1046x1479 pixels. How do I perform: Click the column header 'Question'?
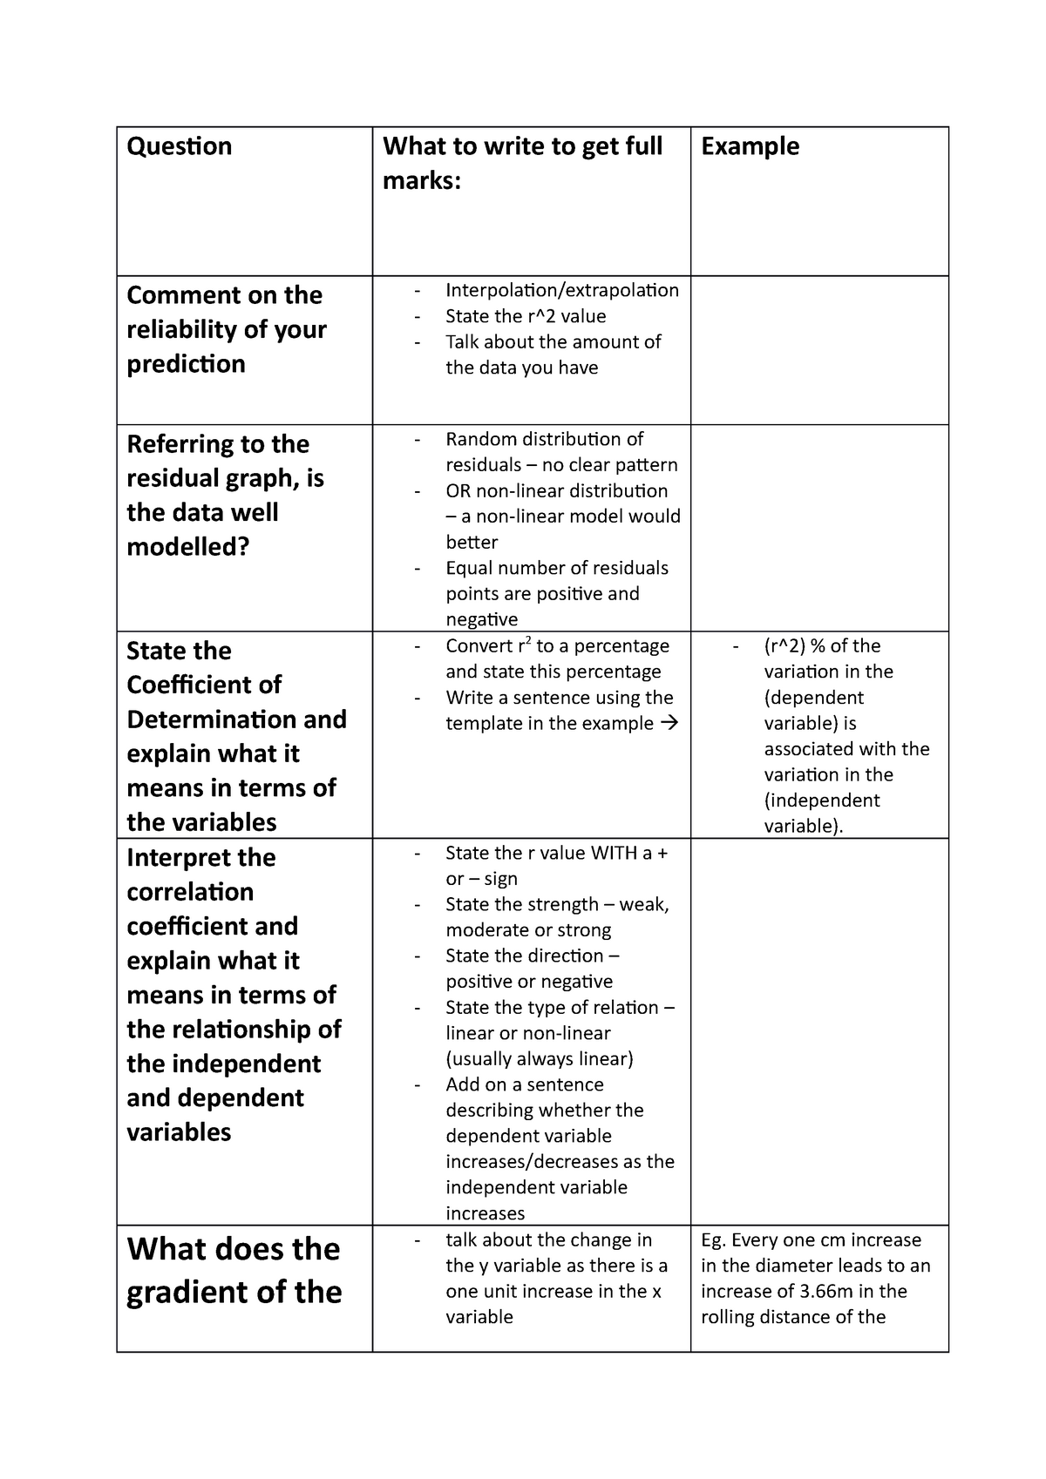pos(180,146)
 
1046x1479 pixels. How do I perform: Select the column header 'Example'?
pos(750,146)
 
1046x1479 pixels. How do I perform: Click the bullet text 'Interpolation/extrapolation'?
pos(561,290)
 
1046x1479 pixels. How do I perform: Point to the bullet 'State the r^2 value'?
pos(526,316)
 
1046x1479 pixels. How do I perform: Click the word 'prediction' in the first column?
pos(187,364)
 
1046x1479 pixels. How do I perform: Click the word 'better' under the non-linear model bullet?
pos(472,543)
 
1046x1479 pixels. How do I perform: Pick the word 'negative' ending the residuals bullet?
pos(481,620)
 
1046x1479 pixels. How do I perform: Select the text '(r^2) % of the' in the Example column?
pos(822,646)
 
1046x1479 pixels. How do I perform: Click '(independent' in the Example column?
pos(822,800)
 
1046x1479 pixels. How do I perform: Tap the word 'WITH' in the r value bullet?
pos(614,854)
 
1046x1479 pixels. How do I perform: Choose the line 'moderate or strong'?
pos(528,930)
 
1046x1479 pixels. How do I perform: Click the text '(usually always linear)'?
pos(540,1059)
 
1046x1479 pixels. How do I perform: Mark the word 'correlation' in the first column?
pos(190,892)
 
